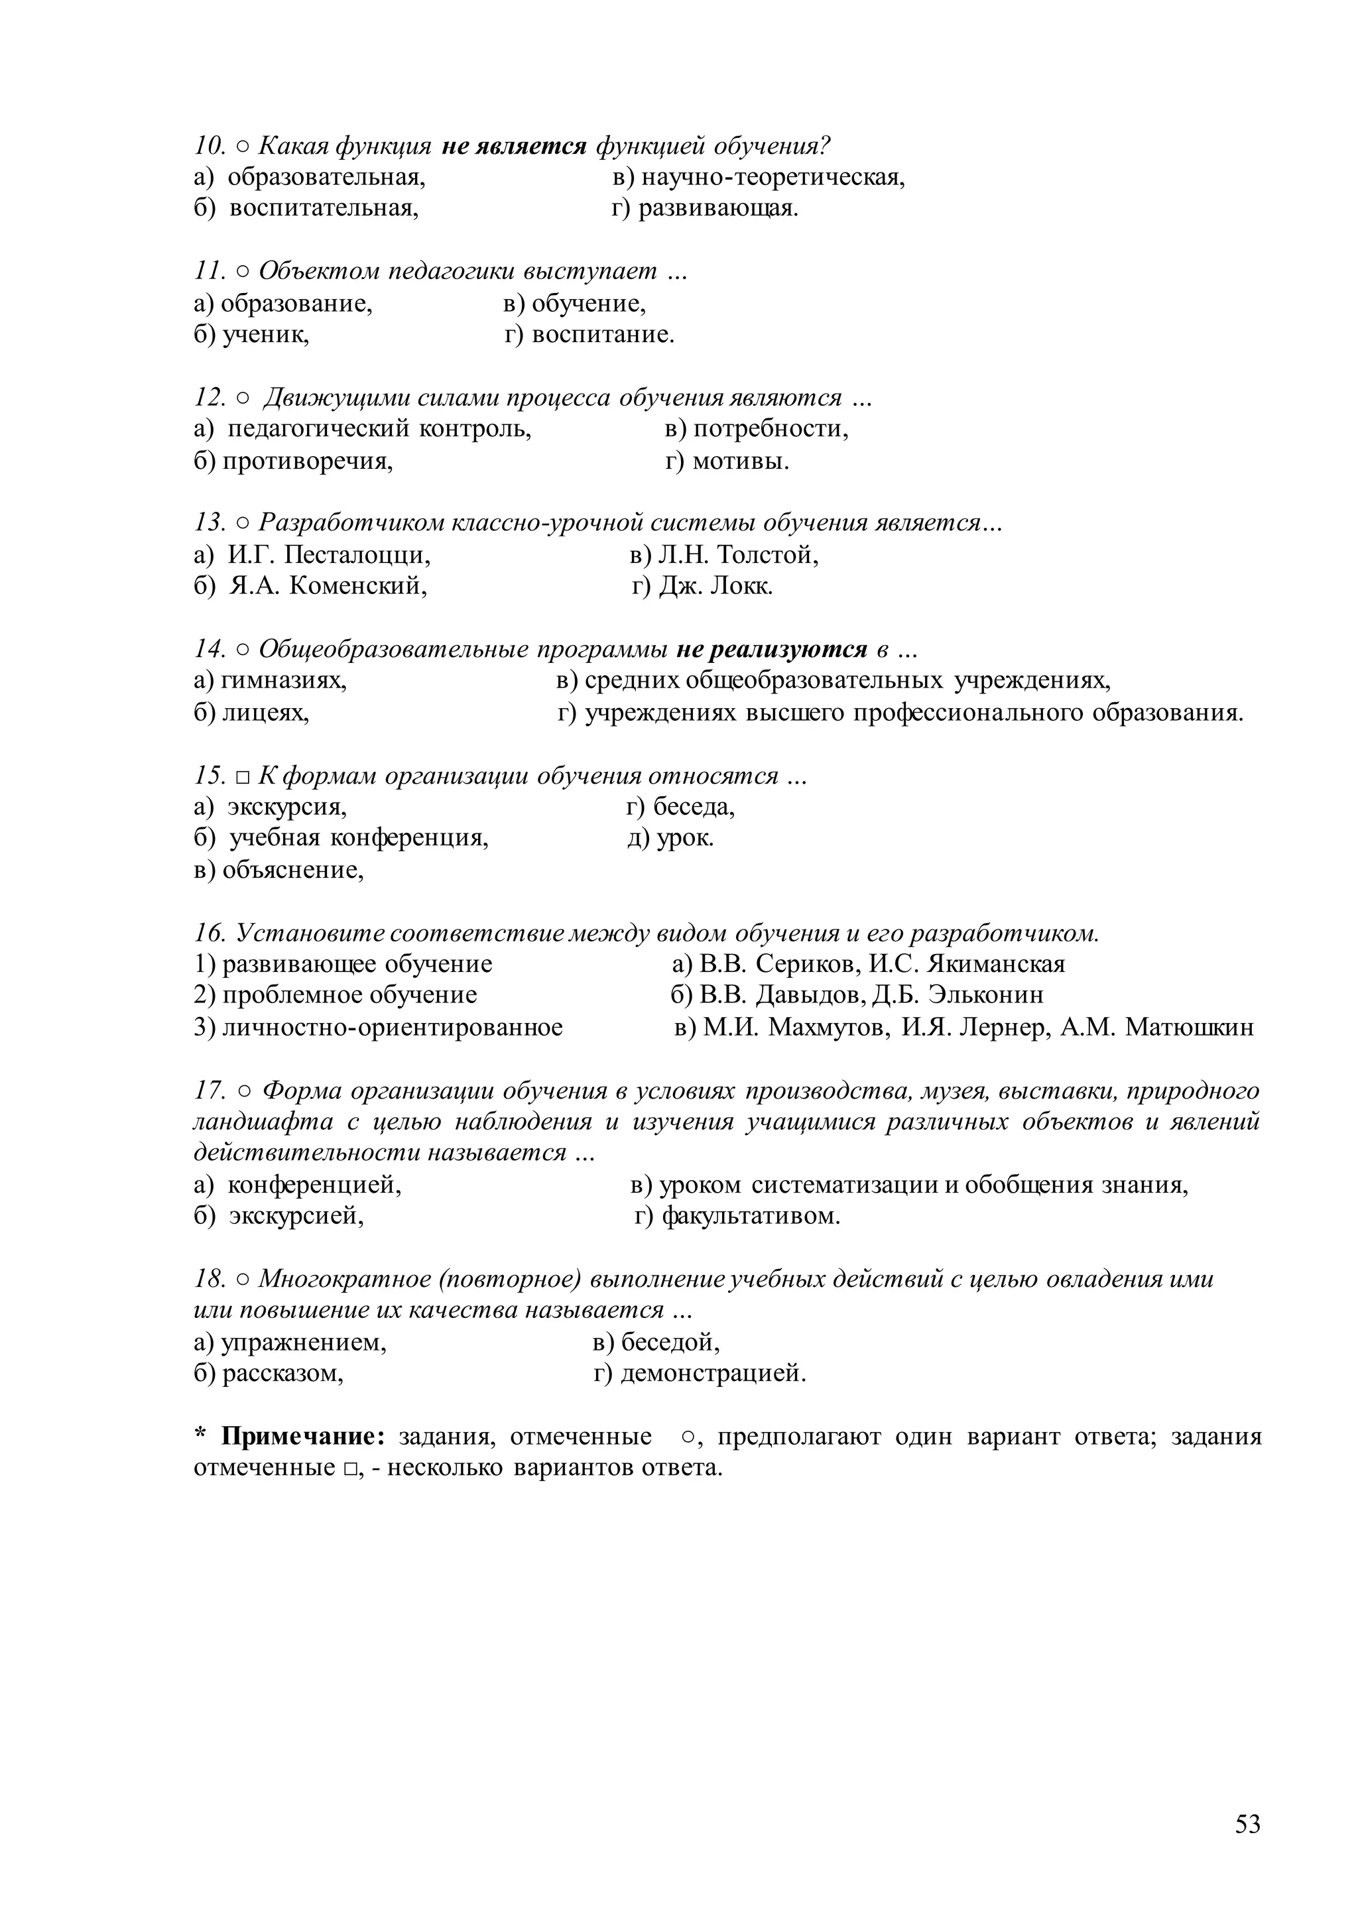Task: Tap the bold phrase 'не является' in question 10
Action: click(513, 147)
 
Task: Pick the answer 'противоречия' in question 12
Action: click(307, 461)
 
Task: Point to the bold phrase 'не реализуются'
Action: click(771, 649)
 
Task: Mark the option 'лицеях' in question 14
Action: click(265, 713)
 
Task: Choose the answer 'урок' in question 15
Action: click(685, 838)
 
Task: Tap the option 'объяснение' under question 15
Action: click(292, 870)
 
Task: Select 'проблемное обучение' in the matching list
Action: click(349, 995)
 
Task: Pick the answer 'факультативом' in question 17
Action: click(750, 1216)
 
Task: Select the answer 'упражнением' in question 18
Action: click(303, 1343)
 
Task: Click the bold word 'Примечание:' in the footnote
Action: click(303, 1437)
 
